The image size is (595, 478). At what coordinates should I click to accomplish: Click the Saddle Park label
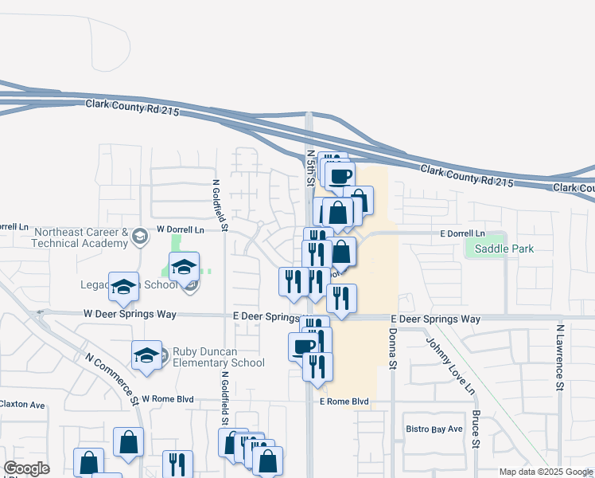pos(504,249)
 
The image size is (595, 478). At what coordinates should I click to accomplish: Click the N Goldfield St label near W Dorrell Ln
pos(216,206)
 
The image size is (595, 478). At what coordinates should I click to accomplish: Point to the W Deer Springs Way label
pos(130,315)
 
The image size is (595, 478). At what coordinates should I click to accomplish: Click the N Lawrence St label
pos(560,357)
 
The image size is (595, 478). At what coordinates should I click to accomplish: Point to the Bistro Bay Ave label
pos(434,429)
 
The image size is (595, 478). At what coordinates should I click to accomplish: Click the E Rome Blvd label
pos(344,402)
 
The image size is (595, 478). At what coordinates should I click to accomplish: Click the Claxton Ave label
pos(22,405)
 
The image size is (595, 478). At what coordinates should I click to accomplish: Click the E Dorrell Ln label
pos(462,233)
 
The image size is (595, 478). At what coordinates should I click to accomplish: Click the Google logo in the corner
pos(27,468)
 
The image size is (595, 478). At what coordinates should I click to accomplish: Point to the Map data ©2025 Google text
pos(546,472)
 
